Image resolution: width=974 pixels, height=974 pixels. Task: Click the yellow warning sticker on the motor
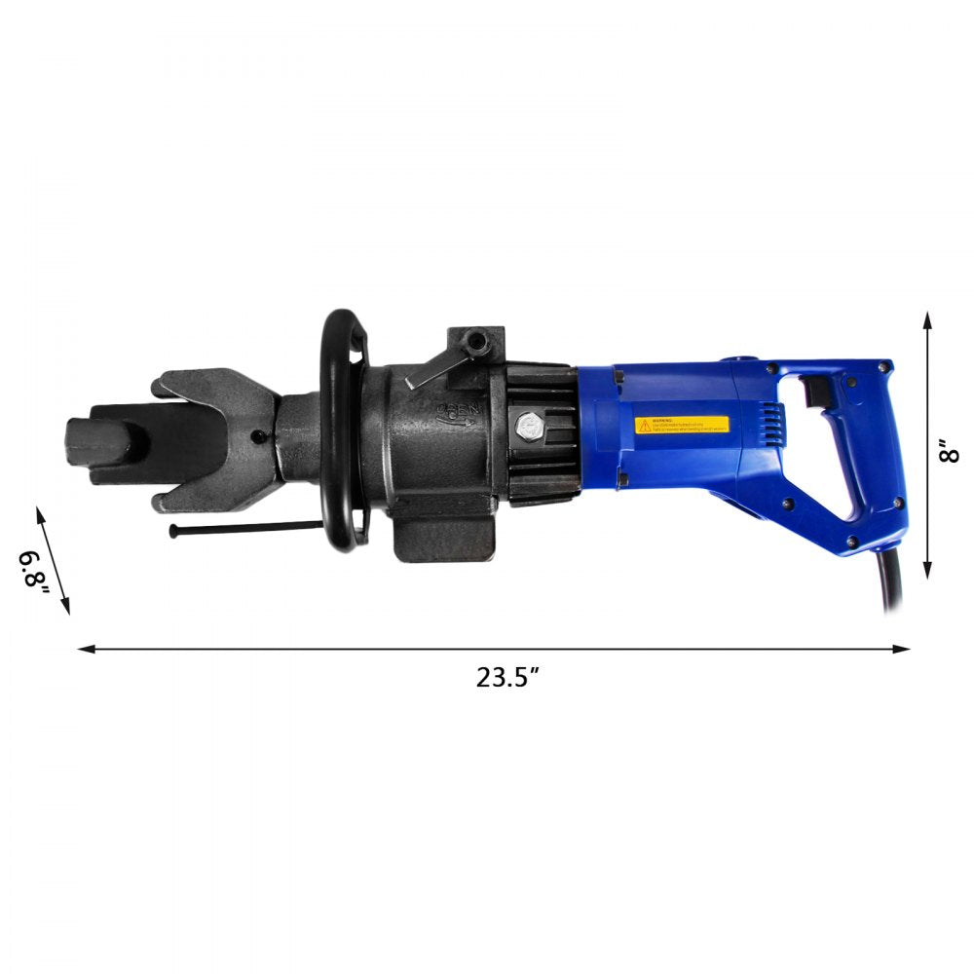[x=682, y=426]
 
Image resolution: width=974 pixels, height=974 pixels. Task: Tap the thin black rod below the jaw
[x=243, y=527]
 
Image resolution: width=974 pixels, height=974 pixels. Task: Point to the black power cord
[x=890, y=584]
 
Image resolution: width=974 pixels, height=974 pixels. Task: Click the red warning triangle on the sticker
[x=644, y=426]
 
